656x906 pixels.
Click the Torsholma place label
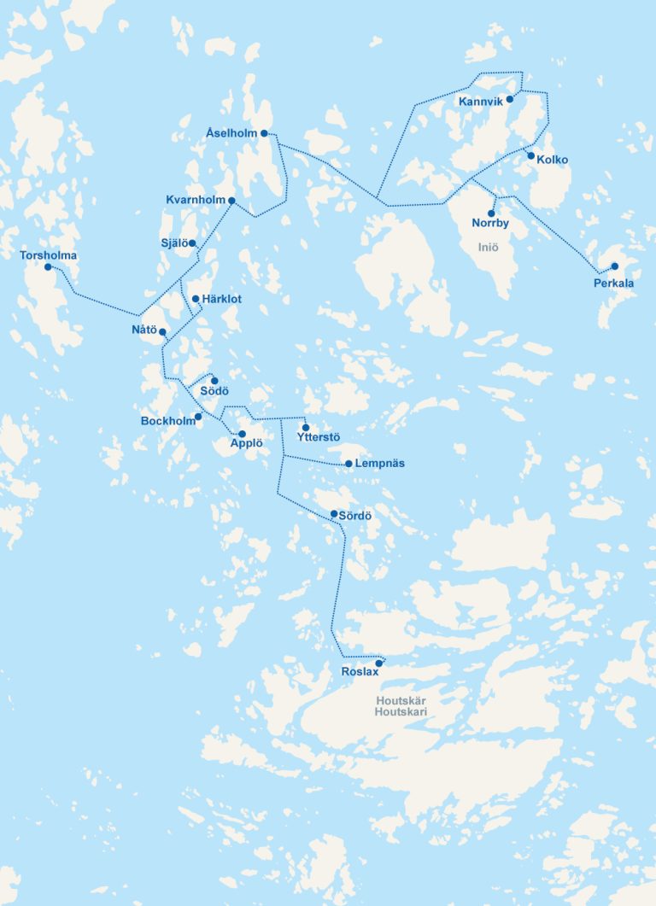click(x=48, y=255)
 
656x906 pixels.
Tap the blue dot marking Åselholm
click(x=265, y=133)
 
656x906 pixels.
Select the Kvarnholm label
click(x=196, y=200)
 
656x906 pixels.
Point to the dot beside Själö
click(x=192, y=243)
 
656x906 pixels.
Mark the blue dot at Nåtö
click(x=162, y=331)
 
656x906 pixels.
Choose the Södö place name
click(x=214, y=391)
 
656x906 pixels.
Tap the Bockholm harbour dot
click(x=198, y=417)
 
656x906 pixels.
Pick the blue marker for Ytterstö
click(x=306, y=427)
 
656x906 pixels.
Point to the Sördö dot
click(x=334, y=514)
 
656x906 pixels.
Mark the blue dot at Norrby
click(x=491, y=213)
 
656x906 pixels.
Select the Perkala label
click(x=614, y=283)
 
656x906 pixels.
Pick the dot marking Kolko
click(x=530, y=155)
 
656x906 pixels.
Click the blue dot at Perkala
click(x=614, y=266)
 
